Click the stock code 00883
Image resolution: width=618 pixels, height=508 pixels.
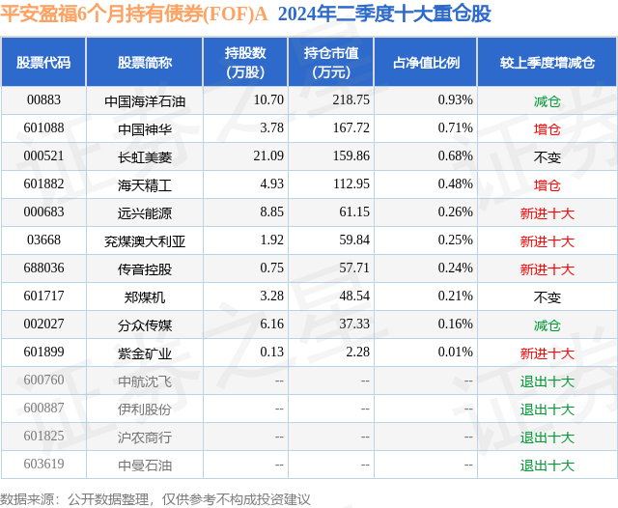(43, 99)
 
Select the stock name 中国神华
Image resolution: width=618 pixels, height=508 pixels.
(144, 127)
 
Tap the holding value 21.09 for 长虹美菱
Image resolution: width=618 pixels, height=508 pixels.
(267, 155)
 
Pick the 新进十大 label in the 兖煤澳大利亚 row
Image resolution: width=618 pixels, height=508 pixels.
(547, 240)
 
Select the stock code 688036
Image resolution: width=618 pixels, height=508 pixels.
(43, 268)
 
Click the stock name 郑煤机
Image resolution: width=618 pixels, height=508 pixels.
(144, 297)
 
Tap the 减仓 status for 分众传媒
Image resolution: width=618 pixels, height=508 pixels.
(547, 325)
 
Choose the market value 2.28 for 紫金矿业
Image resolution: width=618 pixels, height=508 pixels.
(358, 353)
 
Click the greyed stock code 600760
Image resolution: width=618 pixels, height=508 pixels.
(43, 381)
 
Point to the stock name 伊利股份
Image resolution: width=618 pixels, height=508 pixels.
(144, 409)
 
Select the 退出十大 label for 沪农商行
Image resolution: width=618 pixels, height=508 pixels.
(547, 437)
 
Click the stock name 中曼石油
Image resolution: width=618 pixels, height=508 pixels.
(144, 466)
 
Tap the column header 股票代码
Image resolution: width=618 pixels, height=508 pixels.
(43, 62)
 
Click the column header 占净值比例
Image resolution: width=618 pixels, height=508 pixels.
(426, 62)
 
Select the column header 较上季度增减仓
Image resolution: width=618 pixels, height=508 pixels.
(547, 62)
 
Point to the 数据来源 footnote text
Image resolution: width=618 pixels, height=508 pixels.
(155, 498)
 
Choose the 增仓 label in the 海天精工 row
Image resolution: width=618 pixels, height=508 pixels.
(547, 183)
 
